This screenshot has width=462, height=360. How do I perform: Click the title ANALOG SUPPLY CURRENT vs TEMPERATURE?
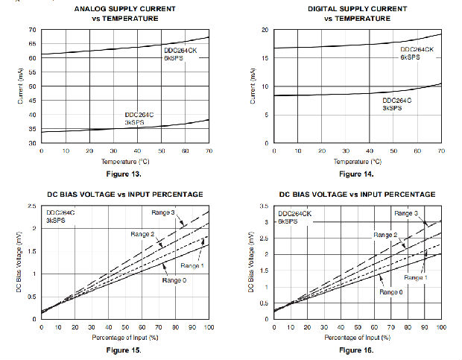(125, 13)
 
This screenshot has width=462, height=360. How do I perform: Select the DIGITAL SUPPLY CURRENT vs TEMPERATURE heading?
(358, 13)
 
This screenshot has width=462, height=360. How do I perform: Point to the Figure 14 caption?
(358, 173)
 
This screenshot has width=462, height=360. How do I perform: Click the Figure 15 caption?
(125, 349)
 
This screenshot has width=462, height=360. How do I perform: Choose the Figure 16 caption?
(358, 349)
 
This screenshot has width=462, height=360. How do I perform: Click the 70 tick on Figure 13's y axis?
(32, 30)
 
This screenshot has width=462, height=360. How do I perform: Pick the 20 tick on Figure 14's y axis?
(265, 30)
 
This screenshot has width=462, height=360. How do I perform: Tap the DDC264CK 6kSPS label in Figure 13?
(180, 54)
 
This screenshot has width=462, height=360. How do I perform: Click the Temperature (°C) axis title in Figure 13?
(125, 161)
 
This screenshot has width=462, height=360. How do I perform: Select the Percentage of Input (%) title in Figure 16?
(358, 337)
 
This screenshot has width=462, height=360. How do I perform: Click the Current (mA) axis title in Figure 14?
(253, 86)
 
